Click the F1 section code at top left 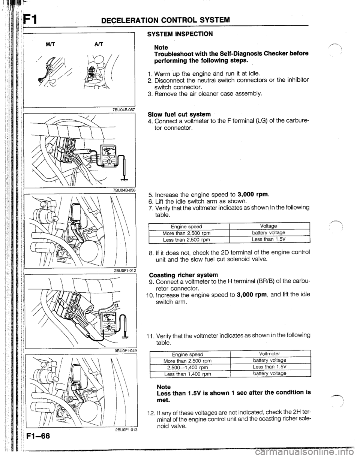[31, 21]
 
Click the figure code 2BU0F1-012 [125, 271]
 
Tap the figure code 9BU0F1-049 [126, 351]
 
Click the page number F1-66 [38, 436]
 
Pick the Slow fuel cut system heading [179, 114]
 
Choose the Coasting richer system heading [183, 275]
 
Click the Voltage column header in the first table [268, 226]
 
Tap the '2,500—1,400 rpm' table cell [187, 368]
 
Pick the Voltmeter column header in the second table [270, 354]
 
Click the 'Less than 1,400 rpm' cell [187, 374]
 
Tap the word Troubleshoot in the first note [173, 54]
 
